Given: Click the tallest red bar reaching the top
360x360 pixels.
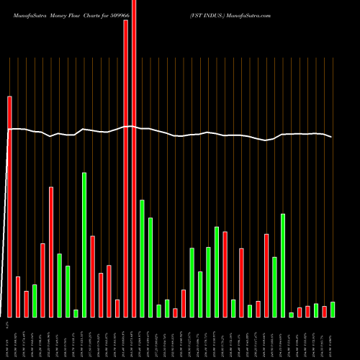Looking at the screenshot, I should [134, 158].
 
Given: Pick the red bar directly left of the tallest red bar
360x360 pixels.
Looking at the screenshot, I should [126, 168].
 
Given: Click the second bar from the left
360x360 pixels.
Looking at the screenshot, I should [18, 297].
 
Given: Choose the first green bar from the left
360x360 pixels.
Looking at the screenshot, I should [35, 301].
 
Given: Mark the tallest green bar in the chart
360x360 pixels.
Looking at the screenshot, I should [84, 245].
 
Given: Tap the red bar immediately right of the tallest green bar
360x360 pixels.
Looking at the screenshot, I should [93, 276].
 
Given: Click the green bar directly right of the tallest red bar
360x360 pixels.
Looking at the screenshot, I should [143, 258].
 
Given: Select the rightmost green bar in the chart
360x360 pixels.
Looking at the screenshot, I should [332, 310].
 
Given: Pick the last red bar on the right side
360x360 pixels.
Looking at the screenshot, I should [324, 312].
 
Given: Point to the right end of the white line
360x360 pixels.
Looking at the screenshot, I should [332, 137].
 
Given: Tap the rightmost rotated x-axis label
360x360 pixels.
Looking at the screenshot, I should [332, 337].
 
